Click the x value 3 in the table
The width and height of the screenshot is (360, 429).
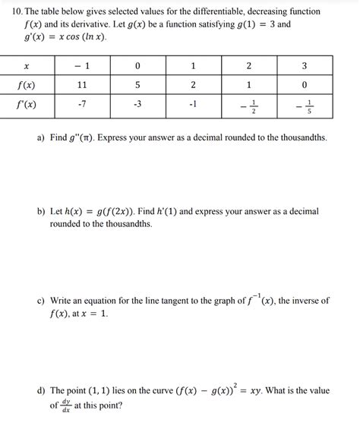click(305, 65)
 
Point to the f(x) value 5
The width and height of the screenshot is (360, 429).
click(137, 85)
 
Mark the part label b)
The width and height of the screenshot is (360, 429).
click(41, 211)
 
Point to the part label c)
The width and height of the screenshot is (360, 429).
click(41, 301)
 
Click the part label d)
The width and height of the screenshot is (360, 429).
click(41, 391)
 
